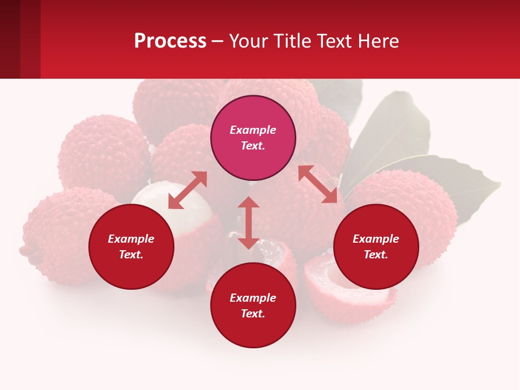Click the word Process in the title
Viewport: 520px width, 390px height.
(x=170, y=41)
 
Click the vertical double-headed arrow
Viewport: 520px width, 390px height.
(x=249, y=223)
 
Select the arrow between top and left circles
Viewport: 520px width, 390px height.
(x=187, y=190)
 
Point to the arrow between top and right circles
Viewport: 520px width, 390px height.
(x=317, y=184)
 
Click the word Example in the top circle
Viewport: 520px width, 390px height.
(x=253, y=130)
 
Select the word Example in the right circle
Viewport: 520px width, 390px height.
(x=376, y=239)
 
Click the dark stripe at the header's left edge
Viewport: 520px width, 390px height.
(x=10, y=39)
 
